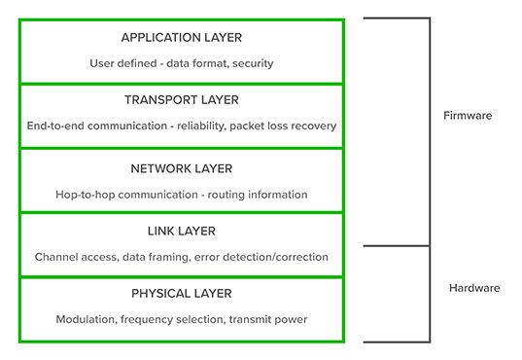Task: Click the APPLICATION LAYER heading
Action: click(182, 38)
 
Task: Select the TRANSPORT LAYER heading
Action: click(182, 100)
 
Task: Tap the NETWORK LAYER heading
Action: click(182, 168)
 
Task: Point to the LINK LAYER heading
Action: click(182, 232)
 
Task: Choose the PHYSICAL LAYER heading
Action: click(182, 294)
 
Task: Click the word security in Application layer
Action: click(249, 64)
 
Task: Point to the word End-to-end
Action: click(56, 126)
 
